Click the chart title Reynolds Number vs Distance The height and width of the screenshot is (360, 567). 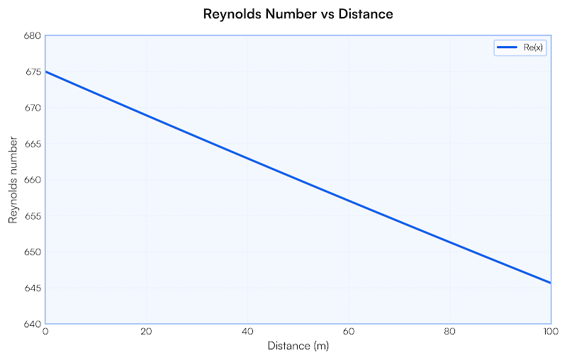click(298, 13)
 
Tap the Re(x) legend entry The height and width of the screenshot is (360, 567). click(520, 47)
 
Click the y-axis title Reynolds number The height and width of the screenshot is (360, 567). click(13, 180)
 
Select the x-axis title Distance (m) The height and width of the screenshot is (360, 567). click(298, 346)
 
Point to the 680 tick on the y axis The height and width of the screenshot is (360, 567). click(32, 35)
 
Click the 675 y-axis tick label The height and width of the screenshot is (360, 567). click(32, 72)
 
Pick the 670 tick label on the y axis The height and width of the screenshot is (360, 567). click(32, 108)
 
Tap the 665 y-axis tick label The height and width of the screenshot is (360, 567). click(32, 144)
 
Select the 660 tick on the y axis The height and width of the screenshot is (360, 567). click(32, 180)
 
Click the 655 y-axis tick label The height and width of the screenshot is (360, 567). click(32, 216)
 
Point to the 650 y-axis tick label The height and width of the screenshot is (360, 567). click(32, 252)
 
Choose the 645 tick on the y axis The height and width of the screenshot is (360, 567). click(32, 288)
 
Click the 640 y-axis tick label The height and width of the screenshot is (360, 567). click(32, 324)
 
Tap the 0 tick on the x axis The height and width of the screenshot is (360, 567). click(46, 332)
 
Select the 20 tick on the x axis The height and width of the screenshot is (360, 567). click(147, 332)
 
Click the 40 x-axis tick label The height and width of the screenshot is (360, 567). click(247, 332)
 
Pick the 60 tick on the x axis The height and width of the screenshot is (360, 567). click(349, 332)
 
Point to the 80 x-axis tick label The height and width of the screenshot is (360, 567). click(449, 332)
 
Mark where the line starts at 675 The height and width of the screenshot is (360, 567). click(46, 72)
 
